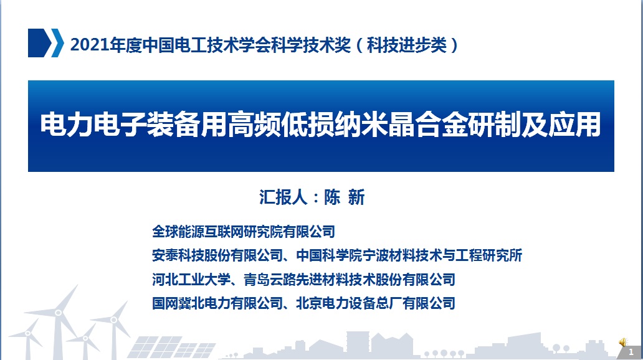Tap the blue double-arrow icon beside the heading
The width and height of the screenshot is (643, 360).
pos(45,42)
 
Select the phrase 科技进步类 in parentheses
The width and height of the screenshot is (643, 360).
pos(406,45)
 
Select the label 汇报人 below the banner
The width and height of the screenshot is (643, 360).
pos(283,197)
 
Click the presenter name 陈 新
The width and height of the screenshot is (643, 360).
pos(344,197)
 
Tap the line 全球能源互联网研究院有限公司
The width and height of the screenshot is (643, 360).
pos(244,232)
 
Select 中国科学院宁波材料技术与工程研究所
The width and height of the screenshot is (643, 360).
pos(409,255)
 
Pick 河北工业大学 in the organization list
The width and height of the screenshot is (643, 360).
pos(191,280)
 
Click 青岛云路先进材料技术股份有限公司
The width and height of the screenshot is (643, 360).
pos(350,280)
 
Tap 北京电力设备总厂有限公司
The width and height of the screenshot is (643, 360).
pos(376,303)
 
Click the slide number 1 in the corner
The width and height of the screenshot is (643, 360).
pos(631,352)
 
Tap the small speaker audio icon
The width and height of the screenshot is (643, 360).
pos(623,341)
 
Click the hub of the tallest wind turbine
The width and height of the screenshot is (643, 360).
pos(58,313)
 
